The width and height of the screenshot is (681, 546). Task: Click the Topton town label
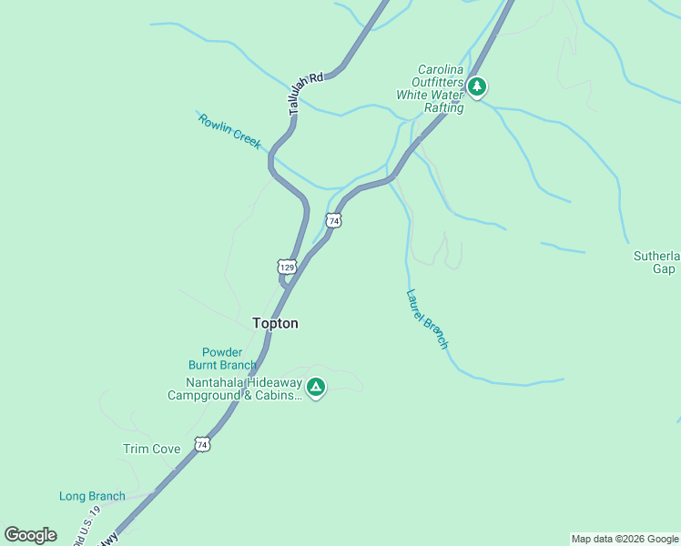274,323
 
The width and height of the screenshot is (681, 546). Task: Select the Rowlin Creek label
229,131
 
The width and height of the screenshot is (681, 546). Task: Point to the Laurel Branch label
427,318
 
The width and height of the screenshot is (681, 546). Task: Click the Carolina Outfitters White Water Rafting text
430,88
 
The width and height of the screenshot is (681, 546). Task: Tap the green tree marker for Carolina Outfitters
477,87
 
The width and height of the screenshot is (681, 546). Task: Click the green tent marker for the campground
316,389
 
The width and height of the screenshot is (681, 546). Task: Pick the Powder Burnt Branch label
216,359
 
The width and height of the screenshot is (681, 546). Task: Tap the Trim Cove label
151,449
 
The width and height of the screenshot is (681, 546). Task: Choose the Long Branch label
92,496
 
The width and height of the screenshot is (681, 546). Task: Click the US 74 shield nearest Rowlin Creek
333,221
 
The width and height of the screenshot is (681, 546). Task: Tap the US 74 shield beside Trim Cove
202,445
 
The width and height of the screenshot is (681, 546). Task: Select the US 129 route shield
287,267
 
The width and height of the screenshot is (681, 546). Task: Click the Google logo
30,534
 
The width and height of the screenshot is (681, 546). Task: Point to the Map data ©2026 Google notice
625,539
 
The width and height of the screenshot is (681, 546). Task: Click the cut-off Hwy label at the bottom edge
107,539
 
